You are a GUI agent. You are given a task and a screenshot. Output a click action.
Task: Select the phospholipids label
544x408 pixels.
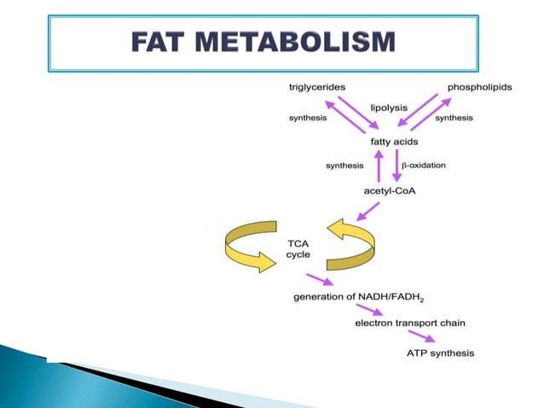(x=480, y=88)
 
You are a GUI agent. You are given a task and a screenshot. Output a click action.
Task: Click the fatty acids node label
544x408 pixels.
(x=394, y=141)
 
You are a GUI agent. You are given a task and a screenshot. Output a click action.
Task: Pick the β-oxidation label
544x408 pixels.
(x=423, y=165)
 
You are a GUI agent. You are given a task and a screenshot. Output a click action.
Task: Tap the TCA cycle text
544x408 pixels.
(x=298, y=249)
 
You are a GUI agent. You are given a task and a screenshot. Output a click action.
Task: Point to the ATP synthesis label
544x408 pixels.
(x=440, y=353)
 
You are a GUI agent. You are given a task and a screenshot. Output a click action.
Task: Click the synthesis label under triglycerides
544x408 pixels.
(x=307, y=118)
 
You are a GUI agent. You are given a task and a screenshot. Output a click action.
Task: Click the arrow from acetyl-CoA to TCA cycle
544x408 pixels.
(x=367, y=211)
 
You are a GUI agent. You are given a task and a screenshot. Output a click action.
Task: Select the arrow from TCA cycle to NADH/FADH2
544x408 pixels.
(x=319, y=279)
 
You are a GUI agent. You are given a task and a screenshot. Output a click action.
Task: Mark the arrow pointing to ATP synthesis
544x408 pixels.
(x=424, y=336)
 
